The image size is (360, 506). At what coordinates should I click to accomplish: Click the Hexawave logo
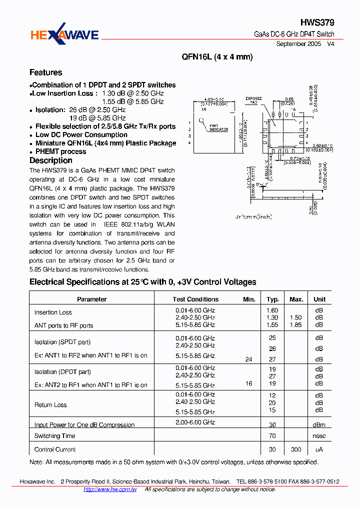(64, 34)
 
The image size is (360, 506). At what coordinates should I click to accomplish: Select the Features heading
(46, 72)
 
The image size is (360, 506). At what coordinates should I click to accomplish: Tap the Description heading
(51, 160)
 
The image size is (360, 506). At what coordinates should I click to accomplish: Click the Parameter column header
(92, 299)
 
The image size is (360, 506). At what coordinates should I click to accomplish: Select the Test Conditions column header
(195, 299)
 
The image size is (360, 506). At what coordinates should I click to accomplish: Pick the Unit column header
(319, 299)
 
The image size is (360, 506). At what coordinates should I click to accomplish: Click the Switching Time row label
(55, 436)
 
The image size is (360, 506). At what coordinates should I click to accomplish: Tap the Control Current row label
(55, 449)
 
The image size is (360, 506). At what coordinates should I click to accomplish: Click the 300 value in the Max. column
(296, 449)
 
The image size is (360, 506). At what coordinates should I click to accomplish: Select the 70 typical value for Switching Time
(272, 436)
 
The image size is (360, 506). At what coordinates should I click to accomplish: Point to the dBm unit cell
(319, 424)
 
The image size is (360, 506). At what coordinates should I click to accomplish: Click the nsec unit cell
(319, 436)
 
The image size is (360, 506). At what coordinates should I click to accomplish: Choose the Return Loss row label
(50, 405)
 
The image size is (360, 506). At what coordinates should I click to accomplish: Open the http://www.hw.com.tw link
(110, 489)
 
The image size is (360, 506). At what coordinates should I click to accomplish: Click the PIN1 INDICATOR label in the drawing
(218, 128)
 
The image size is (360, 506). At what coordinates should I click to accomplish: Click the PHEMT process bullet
(60, 151)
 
